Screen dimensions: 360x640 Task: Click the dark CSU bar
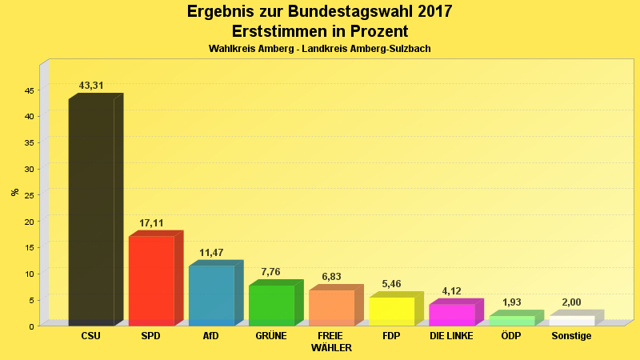pyautogui.click(x=91, y=212)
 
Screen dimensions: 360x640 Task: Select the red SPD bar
pyautogui.click(x=151, y=280)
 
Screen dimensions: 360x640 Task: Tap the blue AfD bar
pyautogui.click(x=211, y=295)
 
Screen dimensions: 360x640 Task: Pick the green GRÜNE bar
pyautogui.click(x=271, y=305)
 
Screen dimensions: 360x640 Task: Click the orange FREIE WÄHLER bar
pyautogui.click(x=331, y=307)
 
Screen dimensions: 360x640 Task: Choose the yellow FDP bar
pyautogui.click(x=391, y=311)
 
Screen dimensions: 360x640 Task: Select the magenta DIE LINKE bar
pyautogui.click(x=451, y=314)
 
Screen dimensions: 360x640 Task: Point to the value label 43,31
pyautogui.click(x=91, y=86)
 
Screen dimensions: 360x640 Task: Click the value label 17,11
pyautogui.click(x=151, y=223)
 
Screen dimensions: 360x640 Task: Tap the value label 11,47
pyautogui.click(x=211, y=253)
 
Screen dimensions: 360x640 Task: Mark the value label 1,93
pyautogui.click(x=511, y=302)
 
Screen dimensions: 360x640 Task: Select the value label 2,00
pyautogui.click(x=571, y=302)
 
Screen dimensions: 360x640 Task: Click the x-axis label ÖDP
pyautogui.click(x=511, y=336)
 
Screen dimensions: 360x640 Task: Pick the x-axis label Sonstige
pyautogui.click(x=571, y=336)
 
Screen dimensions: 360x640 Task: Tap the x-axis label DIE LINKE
pyautogui.click(x=451, y=336)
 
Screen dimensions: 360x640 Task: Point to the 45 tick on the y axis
pyautogui.click(x=28, y=90)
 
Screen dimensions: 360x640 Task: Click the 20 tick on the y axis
pyautogui.click(x=28, y=222)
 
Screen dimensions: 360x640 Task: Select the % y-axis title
pyautogui.click(x=14, y=192)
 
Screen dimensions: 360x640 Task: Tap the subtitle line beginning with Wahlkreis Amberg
pyautogui.click(x=319, y=49)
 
